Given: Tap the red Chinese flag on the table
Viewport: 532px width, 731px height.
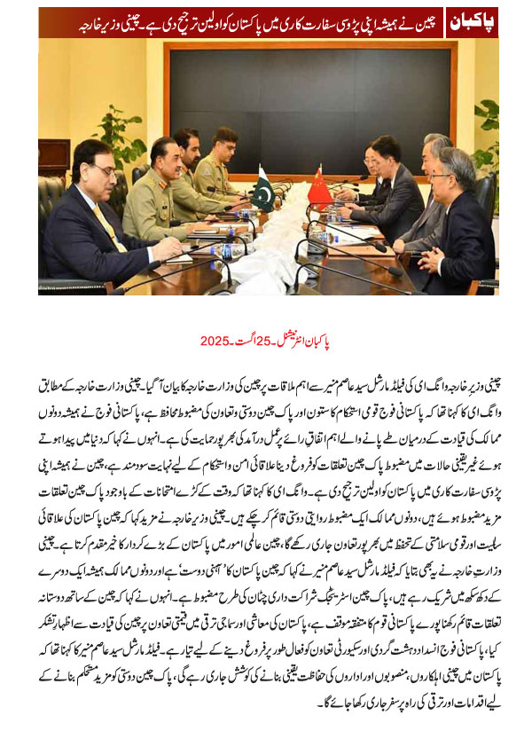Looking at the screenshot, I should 319,187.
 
